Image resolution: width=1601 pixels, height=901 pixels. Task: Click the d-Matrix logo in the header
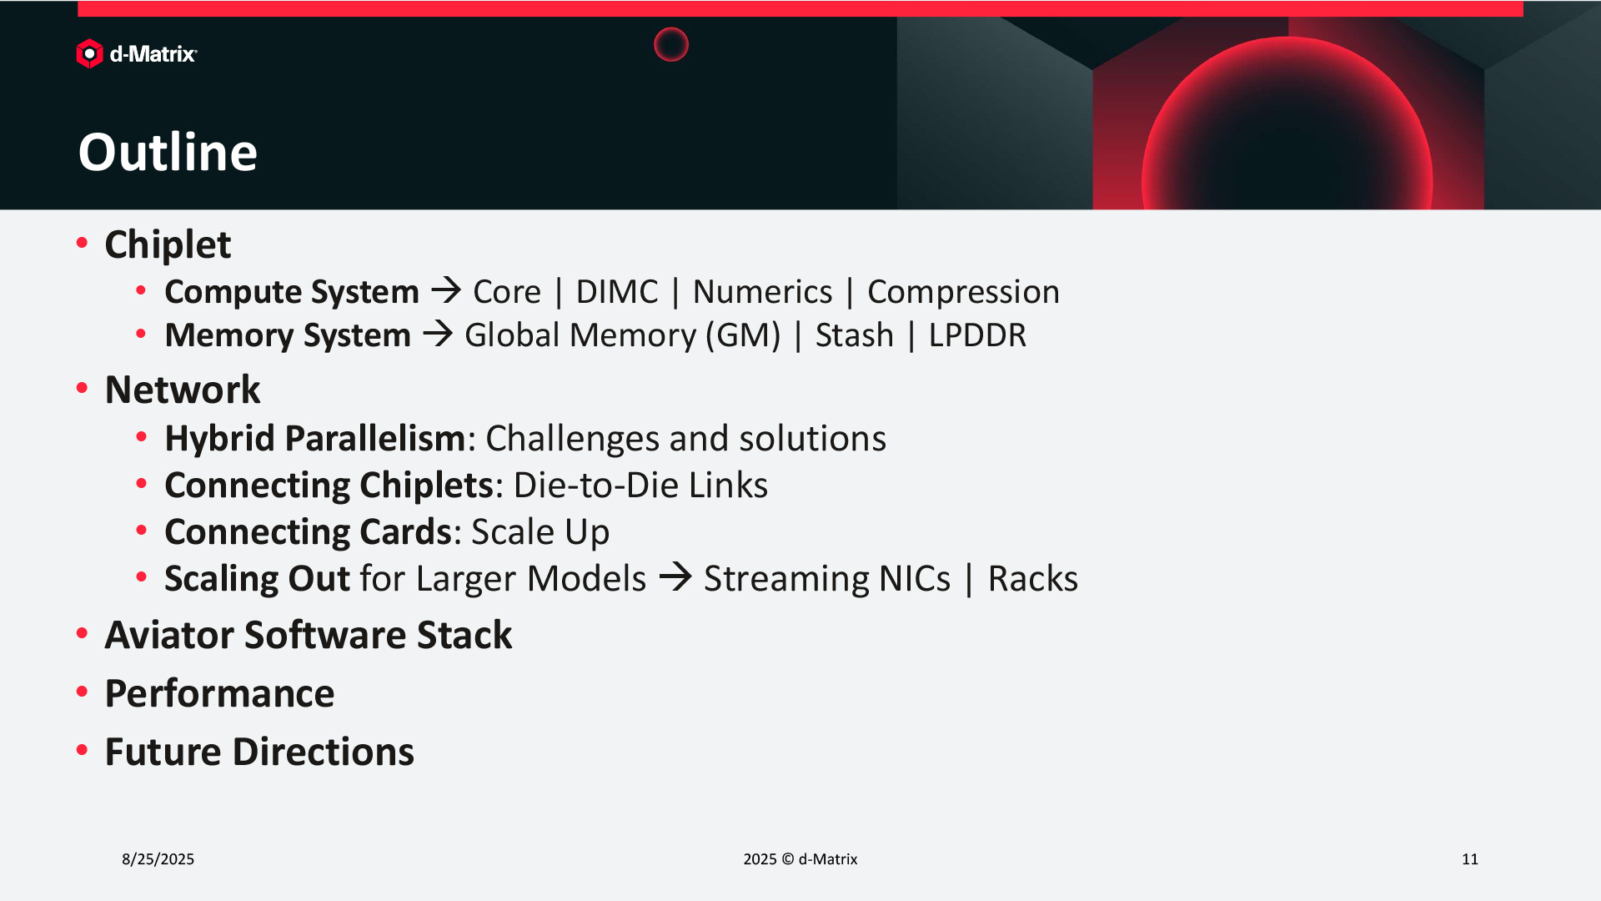pos(137,54)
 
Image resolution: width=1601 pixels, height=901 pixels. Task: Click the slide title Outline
pos(168,152)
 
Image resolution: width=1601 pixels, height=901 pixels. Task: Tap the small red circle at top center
pos(671,44)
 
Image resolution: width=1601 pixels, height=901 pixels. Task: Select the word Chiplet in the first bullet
pos(168,245)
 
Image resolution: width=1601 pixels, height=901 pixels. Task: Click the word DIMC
pos(617,292)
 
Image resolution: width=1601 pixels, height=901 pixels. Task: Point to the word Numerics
pos(762,292)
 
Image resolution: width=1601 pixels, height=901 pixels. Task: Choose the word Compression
pos(963,292)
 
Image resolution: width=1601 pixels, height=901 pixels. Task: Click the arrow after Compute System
pos(446,290)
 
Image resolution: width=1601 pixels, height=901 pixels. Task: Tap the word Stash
pos(854,335)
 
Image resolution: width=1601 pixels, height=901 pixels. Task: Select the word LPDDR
pos(977,335)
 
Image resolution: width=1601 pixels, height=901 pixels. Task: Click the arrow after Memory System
pos(438,334)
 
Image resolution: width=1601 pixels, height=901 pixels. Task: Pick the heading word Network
pos(183,390)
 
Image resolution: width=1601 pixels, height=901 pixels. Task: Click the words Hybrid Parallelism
pos(314,439)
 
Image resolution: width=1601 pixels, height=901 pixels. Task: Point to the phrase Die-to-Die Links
pos(640,486)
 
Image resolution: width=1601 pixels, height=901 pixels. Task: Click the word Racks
pos(1032,579)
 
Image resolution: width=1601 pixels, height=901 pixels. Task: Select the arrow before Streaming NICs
pos(675,576)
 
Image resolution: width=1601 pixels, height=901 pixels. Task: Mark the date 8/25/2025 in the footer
pos(158,859)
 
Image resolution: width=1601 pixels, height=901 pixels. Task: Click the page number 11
pos(1470,859)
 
